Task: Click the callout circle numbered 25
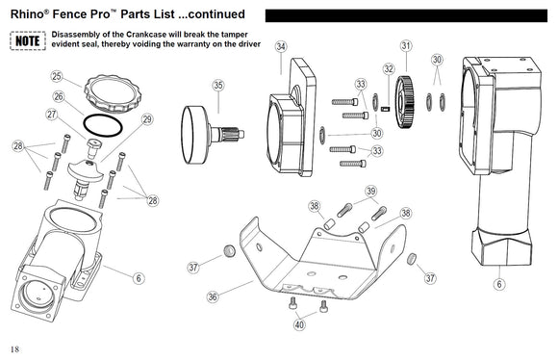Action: point(57,76)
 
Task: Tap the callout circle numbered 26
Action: point(59,96)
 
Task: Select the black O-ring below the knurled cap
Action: point(103,126)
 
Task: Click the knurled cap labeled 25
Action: point(113,92)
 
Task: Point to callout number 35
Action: point(218,86)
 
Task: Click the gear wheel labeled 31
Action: point(404,102)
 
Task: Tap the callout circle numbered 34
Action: point(281,46)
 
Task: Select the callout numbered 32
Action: point(389,68)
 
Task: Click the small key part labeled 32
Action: point(386,109)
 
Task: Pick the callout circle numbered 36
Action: point(213,296)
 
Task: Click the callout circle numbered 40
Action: point(299,324)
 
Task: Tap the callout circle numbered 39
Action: point(370,192)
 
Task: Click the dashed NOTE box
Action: point(28,40)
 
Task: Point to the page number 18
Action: point(14,349)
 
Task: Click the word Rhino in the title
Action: point(27,14)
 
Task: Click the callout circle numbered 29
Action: point(147,119)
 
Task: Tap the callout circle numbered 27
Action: point(52,114)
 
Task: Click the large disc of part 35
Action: point(195,135)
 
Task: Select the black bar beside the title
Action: point(406,15)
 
